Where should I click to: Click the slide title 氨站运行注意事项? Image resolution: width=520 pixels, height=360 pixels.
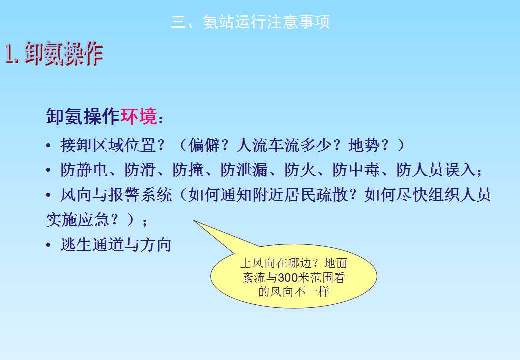point(266,22)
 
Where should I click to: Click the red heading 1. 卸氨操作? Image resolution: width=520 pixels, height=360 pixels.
point(54,53)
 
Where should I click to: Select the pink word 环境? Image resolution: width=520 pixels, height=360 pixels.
point(139,116)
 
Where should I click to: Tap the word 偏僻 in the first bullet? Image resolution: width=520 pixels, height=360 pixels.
point(204,145)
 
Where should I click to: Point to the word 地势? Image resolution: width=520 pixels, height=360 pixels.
point(364,145)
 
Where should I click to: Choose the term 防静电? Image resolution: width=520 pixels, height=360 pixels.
point(84,170)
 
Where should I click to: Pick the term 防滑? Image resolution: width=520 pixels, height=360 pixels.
point(140,170)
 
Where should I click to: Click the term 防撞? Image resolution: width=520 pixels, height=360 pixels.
point(188,170)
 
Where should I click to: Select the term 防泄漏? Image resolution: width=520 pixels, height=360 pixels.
point(244,170)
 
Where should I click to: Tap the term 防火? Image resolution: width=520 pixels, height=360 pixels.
point(300,170)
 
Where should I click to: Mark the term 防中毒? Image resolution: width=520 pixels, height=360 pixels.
point(356,170)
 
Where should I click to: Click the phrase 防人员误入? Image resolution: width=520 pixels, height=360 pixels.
point(436,170)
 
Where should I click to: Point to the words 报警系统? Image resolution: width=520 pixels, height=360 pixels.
point(140,195)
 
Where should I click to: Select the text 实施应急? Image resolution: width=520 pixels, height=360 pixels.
point(77,220)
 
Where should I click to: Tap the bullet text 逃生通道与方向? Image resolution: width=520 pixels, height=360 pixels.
point(116,245)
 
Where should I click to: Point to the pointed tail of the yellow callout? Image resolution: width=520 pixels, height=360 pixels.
point(194,221)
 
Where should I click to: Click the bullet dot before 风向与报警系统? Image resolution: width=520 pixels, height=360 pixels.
point(49,195)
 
